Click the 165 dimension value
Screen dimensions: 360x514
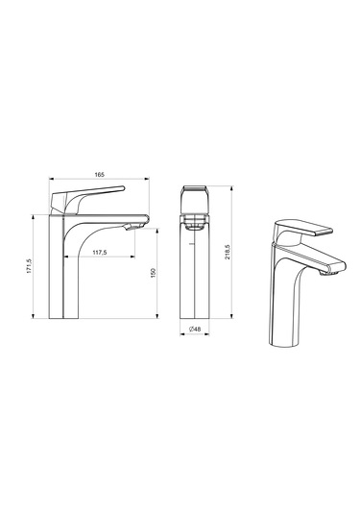99,175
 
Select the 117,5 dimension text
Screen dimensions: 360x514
100,253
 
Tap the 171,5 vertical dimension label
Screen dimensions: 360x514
29,266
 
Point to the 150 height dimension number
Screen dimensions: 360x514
153,273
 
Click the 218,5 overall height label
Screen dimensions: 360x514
228,252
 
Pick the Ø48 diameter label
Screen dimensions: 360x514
195,329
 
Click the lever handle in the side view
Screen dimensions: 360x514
87,199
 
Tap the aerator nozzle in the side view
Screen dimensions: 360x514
134,226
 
